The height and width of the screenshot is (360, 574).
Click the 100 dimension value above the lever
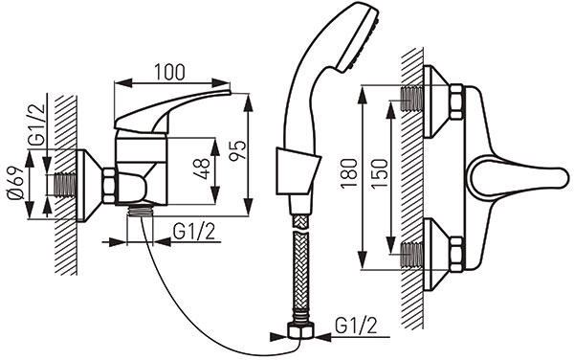pos(169,72)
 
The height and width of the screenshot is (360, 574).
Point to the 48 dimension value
pos(203,169)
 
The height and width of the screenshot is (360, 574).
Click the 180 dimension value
pos(349,173)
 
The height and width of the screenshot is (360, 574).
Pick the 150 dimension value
pos(379,174)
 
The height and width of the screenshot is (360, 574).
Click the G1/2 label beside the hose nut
pos(356,326)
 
